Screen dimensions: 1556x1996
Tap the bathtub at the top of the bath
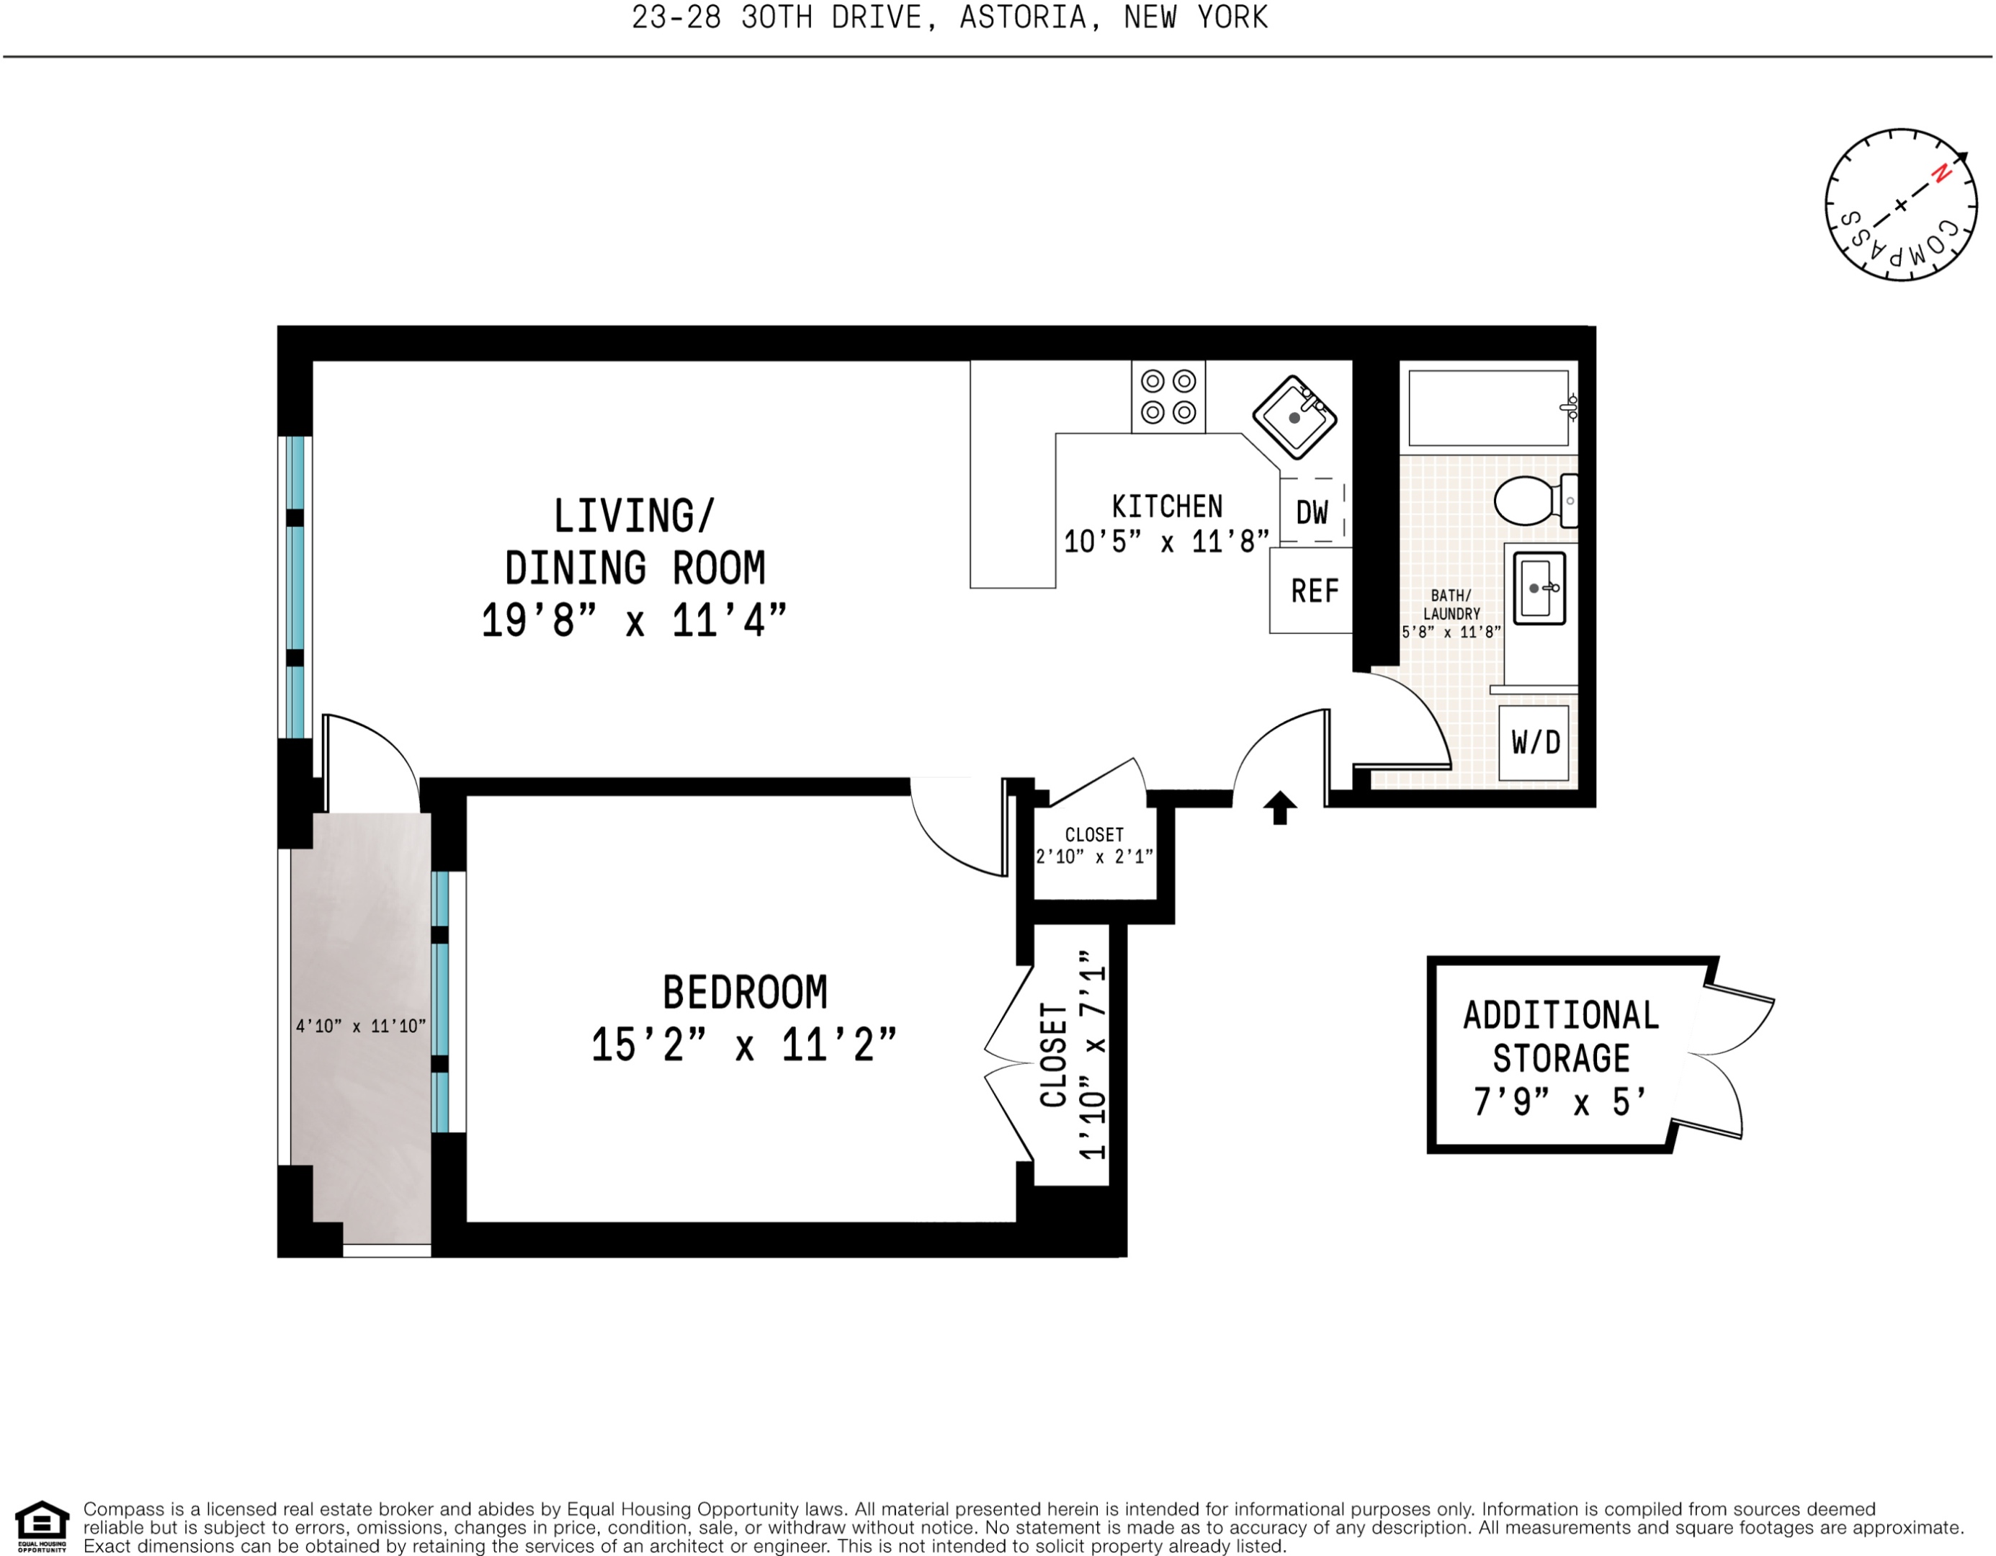(x=1489, y=408)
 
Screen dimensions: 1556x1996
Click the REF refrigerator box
(x=1313, y=591)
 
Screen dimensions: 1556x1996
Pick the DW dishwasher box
(x=1312, y=512)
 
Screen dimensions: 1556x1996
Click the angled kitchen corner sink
(x=1294, y=417)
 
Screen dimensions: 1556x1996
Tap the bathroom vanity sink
(x=1540, y=588)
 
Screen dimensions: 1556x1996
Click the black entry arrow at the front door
(x=1279, y=808)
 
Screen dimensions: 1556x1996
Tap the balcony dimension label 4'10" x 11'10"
(x=361, y=1026)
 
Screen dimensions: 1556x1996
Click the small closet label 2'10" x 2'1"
(x=1094, y=857)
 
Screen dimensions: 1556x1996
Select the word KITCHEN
(x=1167, y=506)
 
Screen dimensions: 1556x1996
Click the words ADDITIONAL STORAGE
(x=1561, y=1036)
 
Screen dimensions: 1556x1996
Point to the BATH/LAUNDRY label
(x=1451, y=604)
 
